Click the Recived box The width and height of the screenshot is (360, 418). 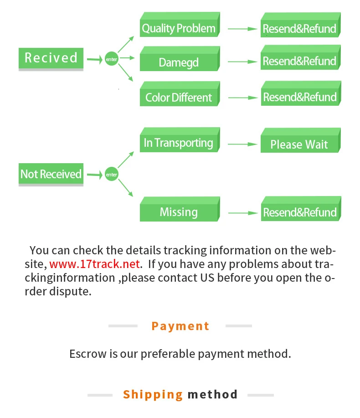click(x=51, y=58)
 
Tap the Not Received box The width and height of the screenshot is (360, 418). click(x=51, y=174)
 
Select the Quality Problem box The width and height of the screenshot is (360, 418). click(x=179, y=29)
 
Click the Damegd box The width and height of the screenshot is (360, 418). click(x=179, y=62)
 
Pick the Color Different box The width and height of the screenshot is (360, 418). click(x=179, y=97)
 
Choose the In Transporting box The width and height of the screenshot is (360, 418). click(x=179, y=143)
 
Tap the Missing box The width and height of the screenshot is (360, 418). click(x=179, y=212)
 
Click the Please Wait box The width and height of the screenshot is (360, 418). click(x=299, y=144)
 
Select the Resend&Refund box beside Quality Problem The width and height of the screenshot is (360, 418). click(x=299, y=29)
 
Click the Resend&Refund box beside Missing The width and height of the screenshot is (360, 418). click(x=299, y=212)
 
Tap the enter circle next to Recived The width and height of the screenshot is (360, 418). click(x=111, y=59)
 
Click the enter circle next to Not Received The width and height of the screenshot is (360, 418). click(x=111, y=175)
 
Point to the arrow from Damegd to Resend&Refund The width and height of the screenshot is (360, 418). click(x=243, y=62)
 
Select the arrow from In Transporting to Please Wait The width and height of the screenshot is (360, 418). click(x=243, y=144)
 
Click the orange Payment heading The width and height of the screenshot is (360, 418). click(x=180, y=326)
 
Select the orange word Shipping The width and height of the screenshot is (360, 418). click(x=153, y=394)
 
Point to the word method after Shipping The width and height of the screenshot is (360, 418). click(x=212, y=394)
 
